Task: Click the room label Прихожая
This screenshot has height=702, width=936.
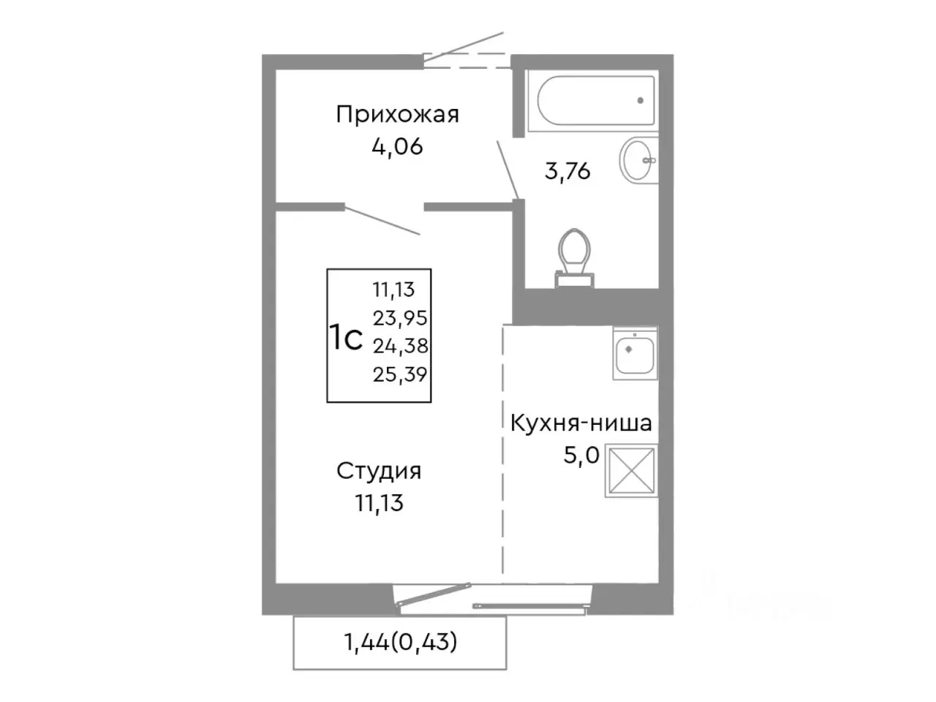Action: tap(397, 115)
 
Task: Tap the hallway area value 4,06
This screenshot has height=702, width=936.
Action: tap(397, 147)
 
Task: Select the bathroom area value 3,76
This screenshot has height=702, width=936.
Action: tap(567, 171)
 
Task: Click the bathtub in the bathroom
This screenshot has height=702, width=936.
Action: tap(596, 102)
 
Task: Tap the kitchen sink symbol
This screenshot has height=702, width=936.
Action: tap(634, 353)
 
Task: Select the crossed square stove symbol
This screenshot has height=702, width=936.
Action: tap(631, 470)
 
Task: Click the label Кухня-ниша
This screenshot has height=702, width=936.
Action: tap(581, 423)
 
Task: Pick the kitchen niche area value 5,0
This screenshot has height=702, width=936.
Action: tap(581, 456)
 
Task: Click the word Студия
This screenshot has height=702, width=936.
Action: tap(379, 471)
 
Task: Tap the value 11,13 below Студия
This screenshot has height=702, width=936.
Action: tap(379, 503)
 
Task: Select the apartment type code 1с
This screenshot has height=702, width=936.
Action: tap(345, 339)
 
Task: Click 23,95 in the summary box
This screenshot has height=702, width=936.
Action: tap(400, 318)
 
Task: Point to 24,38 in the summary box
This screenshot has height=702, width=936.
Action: tap(400, 346)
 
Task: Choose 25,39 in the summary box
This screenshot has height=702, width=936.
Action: tap(400, 374)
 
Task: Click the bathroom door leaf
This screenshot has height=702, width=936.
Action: tap(507, 169)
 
